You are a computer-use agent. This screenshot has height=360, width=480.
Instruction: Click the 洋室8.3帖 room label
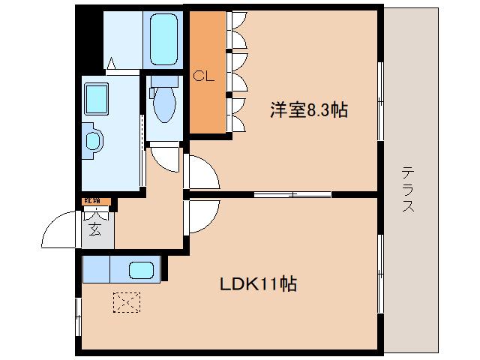pyautogui.click(x=308, y=109)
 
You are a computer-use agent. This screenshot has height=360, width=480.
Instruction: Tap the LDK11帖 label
pyautogui.click(x=257, y=284)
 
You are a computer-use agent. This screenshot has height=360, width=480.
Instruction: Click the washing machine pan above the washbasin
pyautogui.click(x=97, y=97)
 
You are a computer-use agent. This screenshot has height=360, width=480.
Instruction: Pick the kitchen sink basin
pyautogui.click(x=140, y=270)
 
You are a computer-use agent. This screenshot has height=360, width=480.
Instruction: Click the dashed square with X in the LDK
pyautogui.click(x=125, y=303)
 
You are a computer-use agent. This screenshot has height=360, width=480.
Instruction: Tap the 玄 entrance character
pyautogui.click(x=95, y=229)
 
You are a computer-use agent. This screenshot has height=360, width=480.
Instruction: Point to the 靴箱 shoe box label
pyautogui.click(x=92, y=201)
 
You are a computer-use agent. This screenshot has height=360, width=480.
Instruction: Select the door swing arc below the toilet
pyautogui.click(x=164, y=158)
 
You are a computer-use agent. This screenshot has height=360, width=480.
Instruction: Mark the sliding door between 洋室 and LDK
pyautogui.click(x=292, y=194)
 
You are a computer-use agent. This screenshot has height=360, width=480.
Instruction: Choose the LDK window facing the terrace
pyautogui.click(x=380, y=270)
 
